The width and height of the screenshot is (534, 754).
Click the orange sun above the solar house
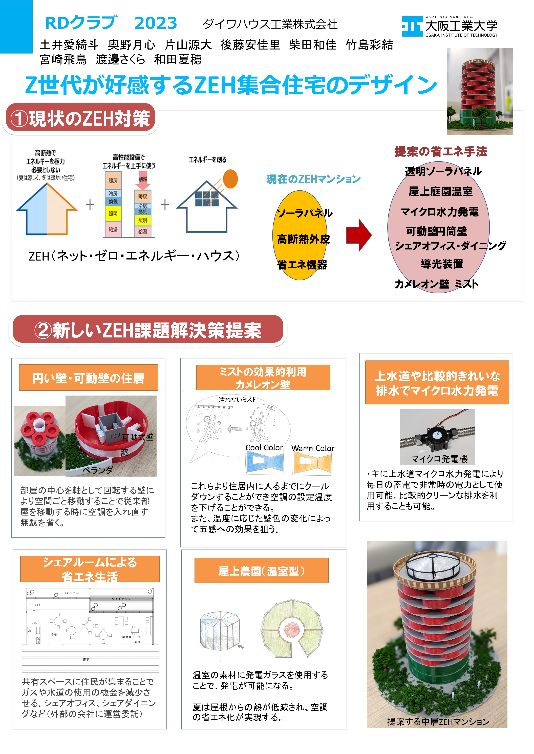coord(230,179)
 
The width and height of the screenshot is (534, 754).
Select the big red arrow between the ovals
coord(358,235)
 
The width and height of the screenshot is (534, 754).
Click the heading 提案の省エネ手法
coord(441,151)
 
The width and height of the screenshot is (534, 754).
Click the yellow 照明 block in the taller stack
coord(113,214)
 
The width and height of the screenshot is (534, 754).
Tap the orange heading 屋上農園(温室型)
coord(261,571)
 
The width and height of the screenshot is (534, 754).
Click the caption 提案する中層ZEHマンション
coord(438,722)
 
